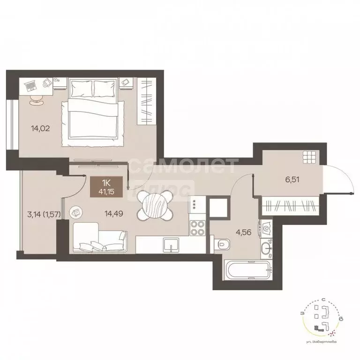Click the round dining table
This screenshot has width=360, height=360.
154,206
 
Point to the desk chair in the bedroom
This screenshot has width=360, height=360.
37,99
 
